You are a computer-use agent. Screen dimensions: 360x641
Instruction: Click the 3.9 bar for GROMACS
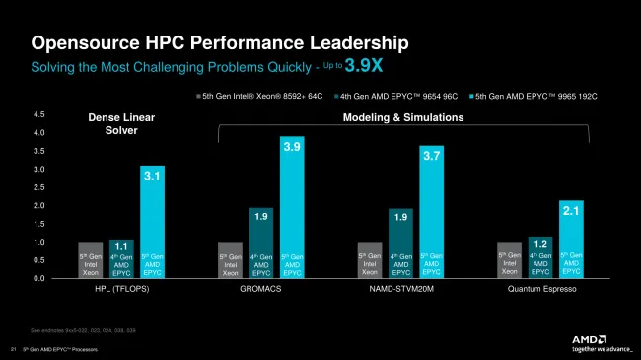[292, 207]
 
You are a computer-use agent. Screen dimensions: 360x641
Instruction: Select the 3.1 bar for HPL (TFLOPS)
[153, 222]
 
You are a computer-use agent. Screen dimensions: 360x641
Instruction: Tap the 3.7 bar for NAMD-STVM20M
[432, 212]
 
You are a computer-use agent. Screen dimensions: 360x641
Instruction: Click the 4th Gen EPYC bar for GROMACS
[260, 243]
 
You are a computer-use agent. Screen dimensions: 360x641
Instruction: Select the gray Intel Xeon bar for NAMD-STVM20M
[369, 260]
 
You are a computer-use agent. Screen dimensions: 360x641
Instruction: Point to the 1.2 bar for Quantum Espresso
[540, 256]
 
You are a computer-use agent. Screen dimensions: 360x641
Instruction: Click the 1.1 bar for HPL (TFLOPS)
[121, 258]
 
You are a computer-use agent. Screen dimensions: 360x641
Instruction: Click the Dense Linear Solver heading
[121, 124]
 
